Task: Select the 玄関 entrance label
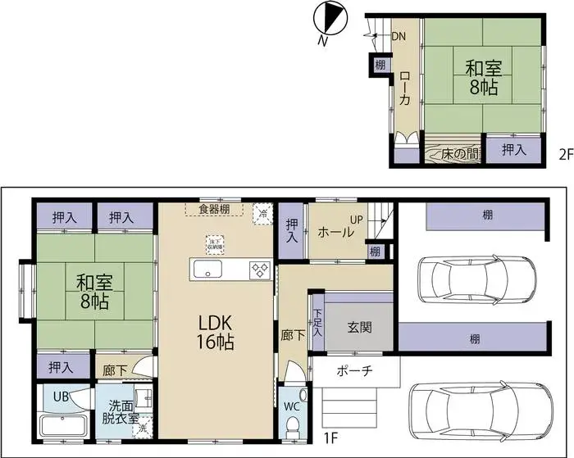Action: (x=359, y=327)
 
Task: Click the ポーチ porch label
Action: (x=355, y=371)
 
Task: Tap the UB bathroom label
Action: (x=61, y=397)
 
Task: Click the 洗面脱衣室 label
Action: (x=120, y=410)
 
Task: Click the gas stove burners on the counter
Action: (x=260, y=269)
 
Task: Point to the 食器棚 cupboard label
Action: (x=214, y=209)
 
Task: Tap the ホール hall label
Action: (x=336, y=232)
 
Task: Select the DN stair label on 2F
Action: (x=399, y=36)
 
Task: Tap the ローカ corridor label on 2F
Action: (x=405, y=89)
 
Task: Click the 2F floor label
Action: (x=565, y=153)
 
